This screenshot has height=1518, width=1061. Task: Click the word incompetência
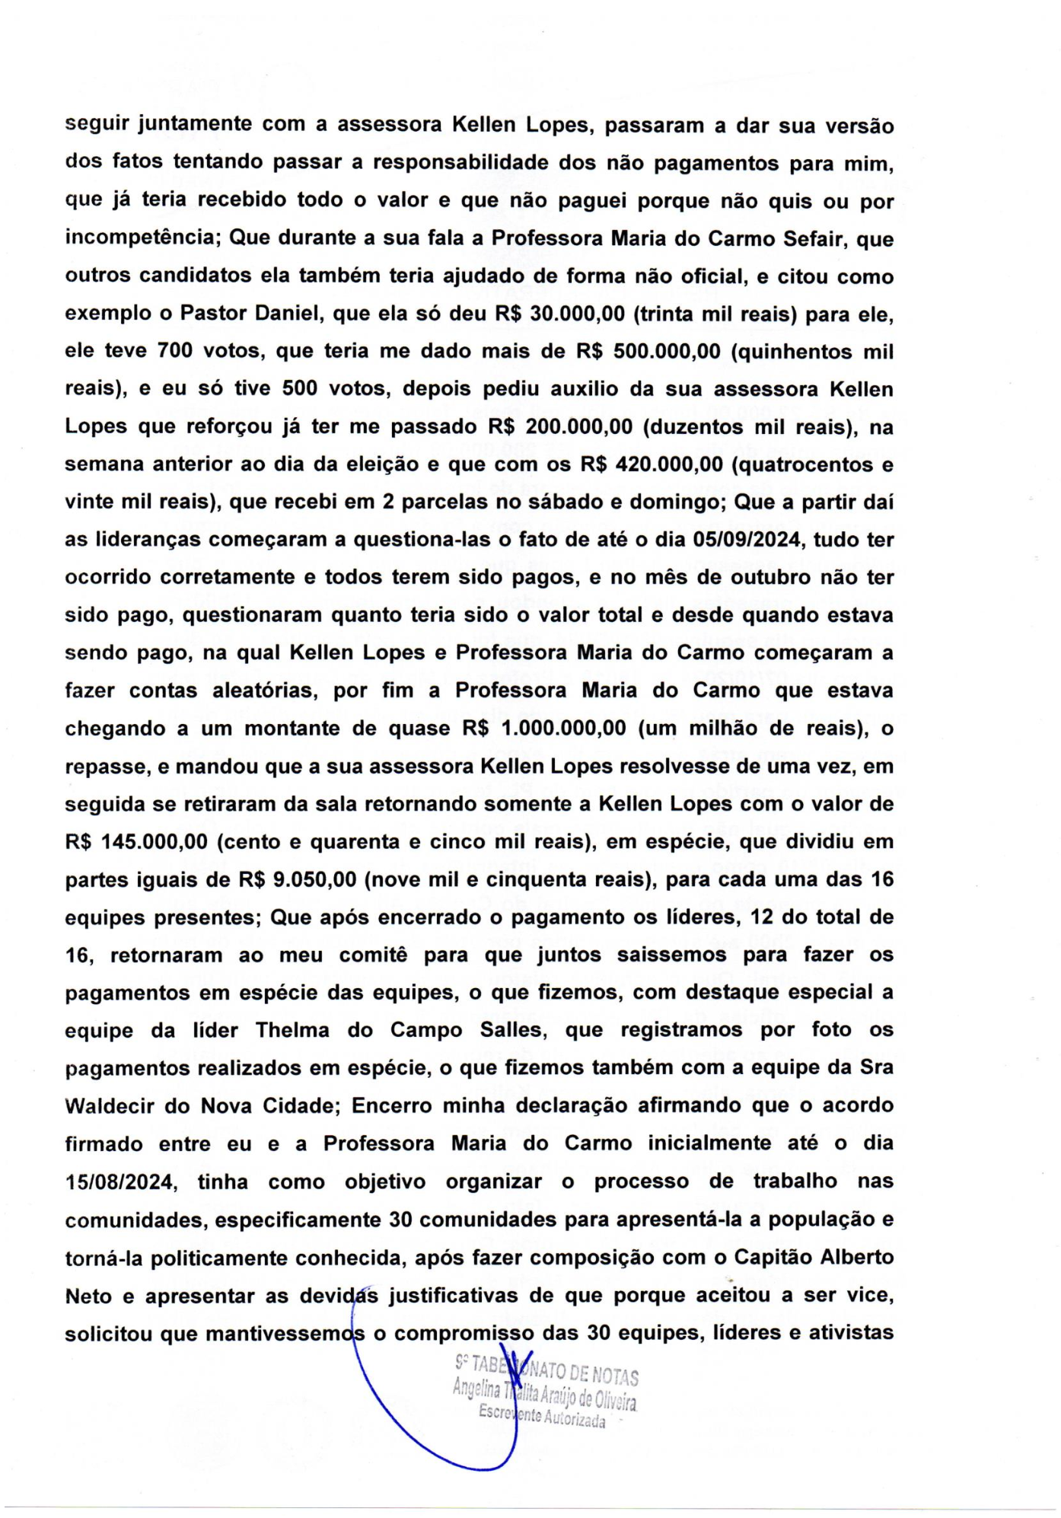(x=142, y=238)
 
